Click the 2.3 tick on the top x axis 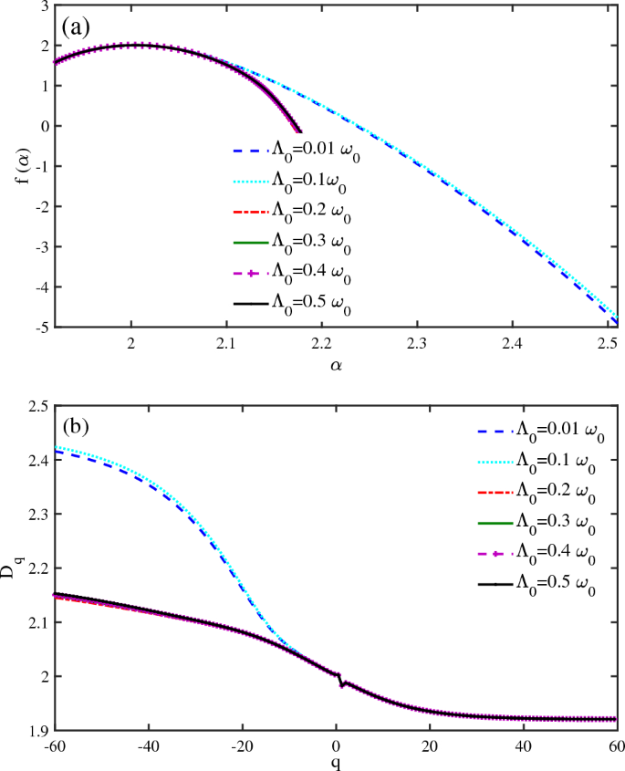pyautogui.click(x=416, y=345)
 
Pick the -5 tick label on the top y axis pyautogui.click(x=38, y=327)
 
